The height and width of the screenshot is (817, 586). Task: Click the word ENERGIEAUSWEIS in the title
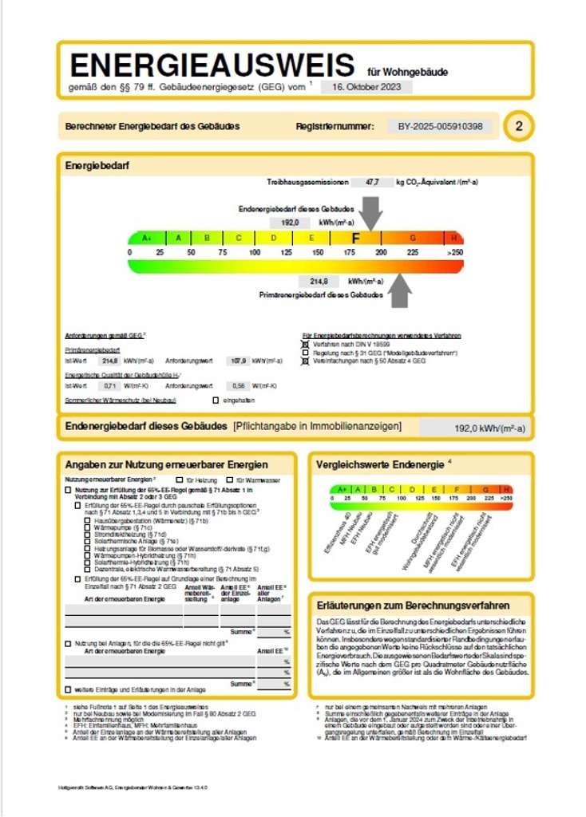212,65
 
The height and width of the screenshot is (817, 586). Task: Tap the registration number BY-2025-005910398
440,126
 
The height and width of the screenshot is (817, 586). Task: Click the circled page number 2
519,126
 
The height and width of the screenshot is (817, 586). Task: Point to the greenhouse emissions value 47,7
372,183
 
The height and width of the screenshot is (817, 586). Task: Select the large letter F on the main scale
356,238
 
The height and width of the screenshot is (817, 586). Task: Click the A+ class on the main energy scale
147,238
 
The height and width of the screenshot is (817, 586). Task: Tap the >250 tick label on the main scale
455,252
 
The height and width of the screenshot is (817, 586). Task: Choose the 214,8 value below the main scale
319,282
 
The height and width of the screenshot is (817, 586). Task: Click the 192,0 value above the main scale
290,223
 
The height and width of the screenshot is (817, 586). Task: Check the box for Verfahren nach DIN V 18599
305,343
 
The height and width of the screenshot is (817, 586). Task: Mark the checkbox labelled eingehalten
215,399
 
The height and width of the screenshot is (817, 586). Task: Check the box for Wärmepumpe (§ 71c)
87,527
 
